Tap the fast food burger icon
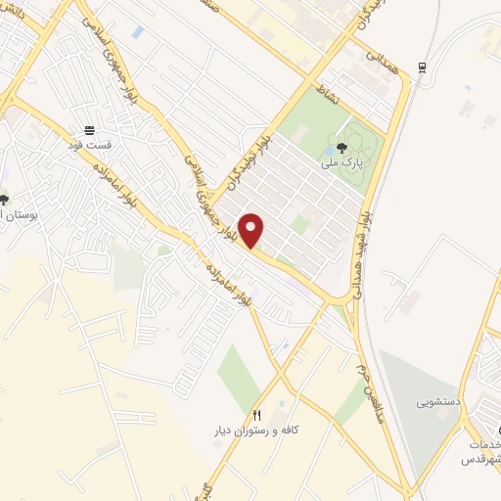[x=89, y=130]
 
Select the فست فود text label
[x=90, y=145]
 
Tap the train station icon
[x=422, y=67]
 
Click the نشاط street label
[x=322, y=91]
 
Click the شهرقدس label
[x=484, y=459]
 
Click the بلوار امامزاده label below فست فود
[x=111, y=176]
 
